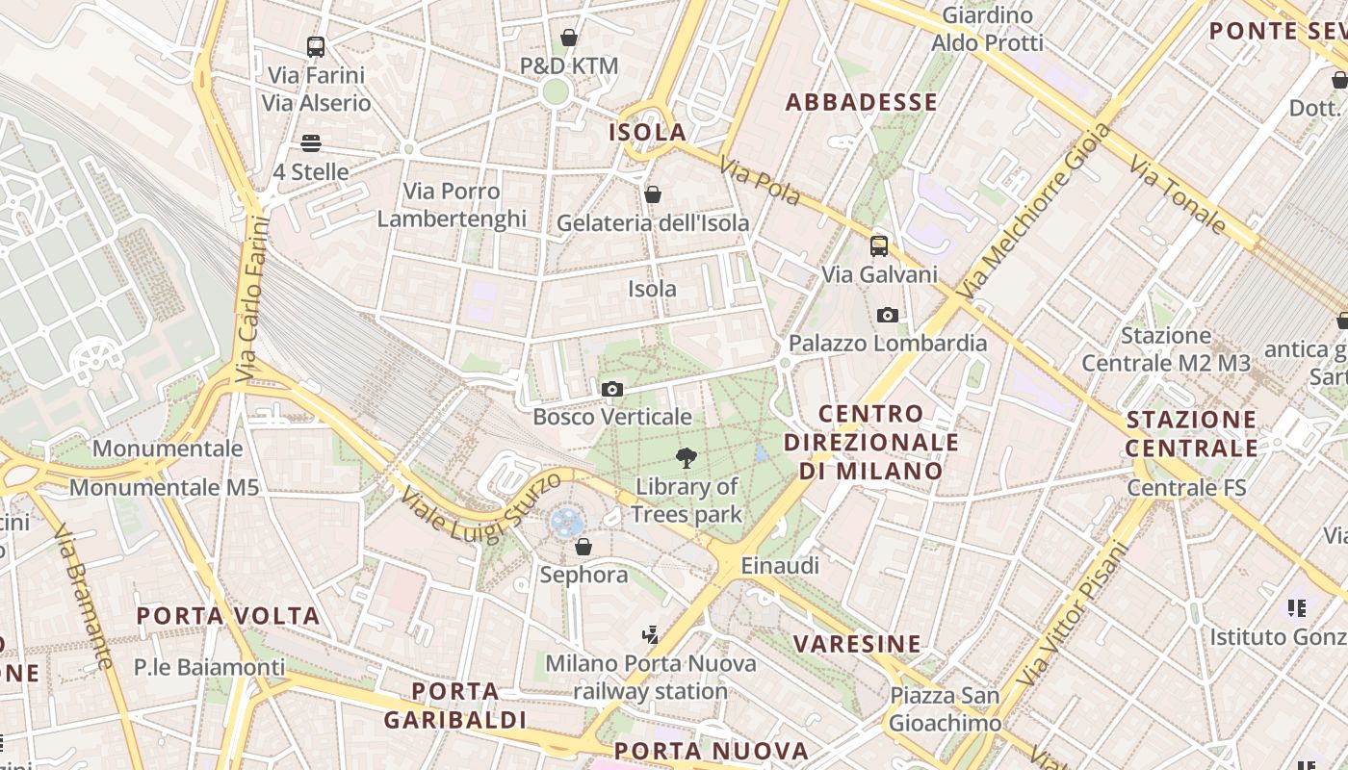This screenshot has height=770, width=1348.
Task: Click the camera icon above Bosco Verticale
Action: click(x=611, y=390)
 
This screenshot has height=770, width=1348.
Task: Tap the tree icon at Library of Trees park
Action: click(x=687, y=458)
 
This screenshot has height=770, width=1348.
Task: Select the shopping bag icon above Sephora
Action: click(x=583, y=548)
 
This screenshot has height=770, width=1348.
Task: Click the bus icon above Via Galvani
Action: click(x=878, y=245)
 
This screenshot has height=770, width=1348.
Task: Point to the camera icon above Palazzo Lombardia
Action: click(x=887, y=315)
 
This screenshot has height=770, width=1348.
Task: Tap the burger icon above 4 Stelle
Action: click(x=310, y=143)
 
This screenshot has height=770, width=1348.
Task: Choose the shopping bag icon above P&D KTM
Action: click(x=569, y=38)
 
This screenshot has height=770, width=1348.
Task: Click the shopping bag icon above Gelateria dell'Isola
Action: click(x=652, y=194)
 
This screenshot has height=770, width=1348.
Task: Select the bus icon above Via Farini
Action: click(x=315, y=46)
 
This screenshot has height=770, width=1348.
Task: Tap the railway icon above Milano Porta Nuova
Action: click(x=650, y=634)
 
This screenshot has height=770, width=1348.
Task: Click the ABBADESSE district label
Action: click(x=861, y=102)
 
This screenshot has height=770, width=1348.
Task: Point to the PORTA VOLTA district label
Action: click(x=227, y=616)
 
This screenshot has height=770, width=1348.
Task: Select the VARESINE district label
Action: click(x=857, y=644)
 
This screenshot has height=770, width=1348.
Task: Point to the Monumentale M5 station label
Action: click(x=164, y=488)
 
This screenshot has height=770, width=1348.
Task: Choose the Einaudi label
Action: click(x=779, y=566)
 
